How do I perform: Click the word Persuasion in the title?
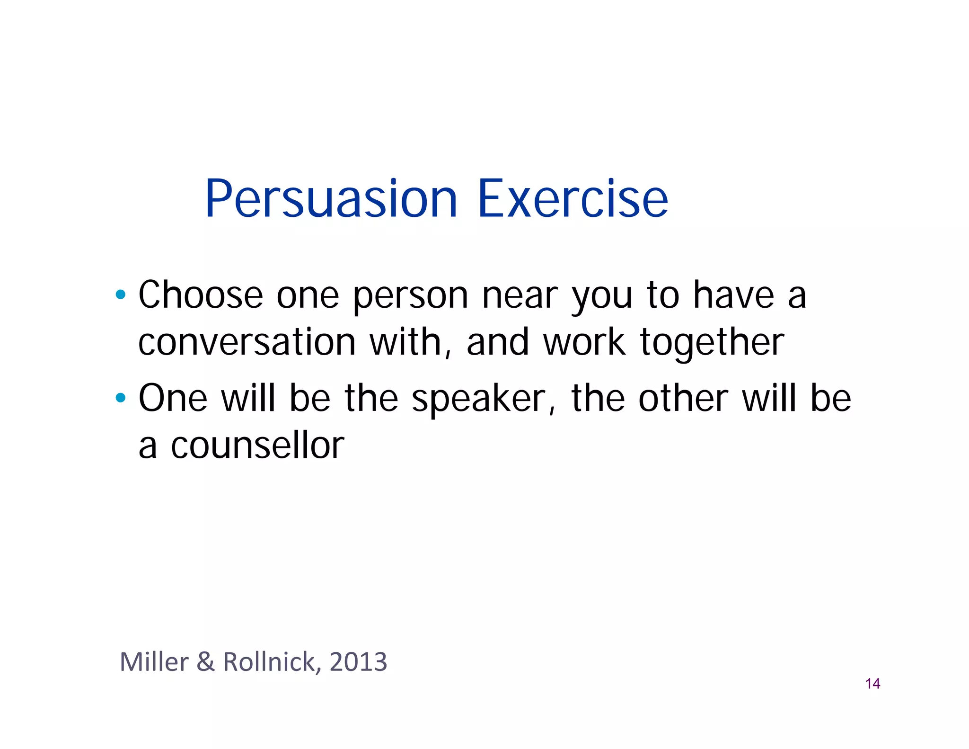(331, 199)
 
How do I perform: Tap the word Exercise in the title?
(573, 199)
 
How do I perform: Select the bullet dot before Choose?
(121, 294)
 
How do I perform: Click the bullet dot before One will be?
(121, 398)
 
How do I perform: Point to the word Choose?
(201, 294)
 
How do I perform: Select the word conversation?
(247, 342)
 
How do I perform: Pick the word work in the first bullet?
(584, 342)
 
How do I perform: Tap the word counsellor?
(257, 446)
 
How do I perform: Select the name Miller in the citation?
(154, 661)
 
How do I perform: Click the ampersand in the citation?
(205, 661)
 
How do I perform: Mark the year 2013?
(358, 661)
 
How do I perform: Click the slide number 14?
(872, 684)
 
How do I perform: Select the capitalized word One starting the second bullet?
(173, 398)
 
